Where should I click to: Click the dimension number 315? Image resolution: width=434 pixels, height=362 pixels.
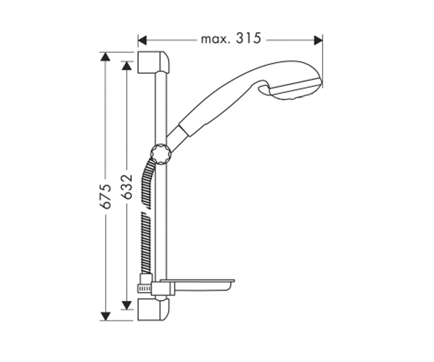point(248,38)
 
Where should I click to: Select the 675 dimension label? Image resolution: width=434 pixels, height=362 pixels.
point(105,196)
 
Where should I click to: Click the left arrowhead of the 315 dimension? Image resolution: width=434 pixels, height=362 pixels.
point(142,40)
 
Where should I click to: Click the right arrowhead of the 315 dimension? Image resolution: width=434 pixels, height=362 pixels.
point(318,40)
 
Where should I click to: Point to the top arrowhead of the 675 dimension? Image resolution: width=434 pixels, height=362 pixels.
point(105,56)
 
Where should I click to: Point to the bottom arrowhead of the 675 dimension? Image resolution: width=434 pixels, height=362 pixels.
point(105,316)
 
